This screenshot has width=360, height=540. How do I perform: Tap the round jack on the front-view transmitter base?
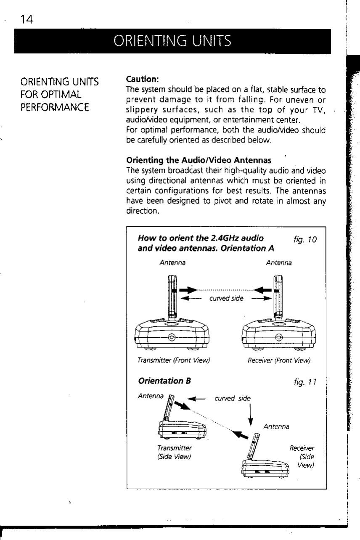tap(172, 337)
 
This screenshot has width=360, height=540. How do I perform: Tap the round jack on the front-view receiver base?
tap(278, 337)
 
